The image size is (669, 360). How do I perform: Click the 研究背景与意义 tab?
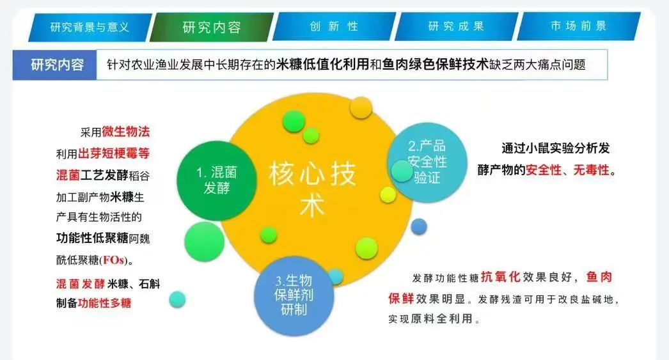[x=90, y=27]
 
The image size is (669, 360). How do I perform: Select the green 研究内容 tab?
[x=212, y=27]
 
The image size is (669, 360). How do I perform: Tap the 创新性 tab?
[x=334, y=26]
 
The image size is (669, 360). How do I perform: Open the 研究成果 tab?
[x=456, y=26]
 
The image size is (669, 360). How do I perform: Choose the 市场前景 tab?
[x=579, y=26]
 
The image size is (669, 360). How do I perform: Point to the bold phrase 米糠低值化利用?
[x=322, y=65]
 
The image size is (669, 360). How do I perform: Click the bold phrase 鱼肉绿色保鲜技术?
[x=435, y=65]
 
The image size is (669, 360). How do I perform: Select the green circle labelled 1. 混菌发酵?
[x=217, y=181]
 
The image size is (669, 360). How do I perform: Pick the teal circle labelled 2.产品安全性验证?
[x=427, y=162]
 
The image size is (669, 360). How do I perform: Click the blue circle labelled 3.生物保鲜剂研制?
[x=294, y=295]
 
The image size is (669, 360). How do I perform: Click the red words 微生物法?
[x=126, y=132]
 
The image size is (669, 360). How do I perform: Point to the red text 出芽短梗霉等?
[x=114, y=153]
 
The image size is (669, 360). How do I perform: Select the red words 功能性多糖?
[x=104, y=303]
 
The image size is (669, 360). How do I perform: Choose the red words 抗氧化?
[x=500, y=278]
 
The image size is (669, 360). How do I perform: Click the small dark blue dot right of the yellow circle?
[x=419, y=226]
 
